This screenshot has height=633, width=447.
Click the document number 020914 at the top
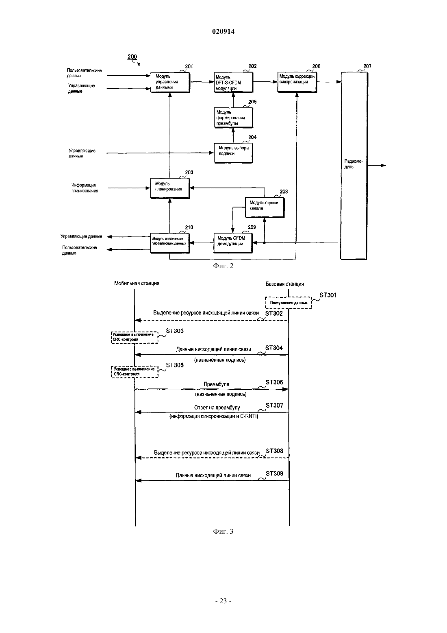point(223,31)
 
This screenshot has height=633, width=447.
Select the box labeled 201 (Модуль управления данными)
point(170,82)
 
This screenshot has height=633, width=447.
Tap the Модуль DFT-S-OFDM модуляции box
point(233,82)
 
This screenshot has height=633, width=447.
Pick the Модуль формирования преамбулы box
point(233,118)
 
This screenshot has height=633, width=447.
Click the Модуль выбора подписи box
point(233,153)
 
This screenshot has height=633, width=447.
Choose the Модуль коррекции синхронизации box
point(297,82)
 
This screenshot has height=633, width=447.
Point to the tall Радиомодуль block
point(354,166)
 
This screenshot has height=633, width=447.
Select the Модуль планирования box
point(170,188)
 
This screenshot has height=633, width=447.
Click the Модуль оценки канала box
point(265,207)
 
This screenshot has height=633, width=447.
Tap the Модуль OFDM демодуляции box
point(233,243)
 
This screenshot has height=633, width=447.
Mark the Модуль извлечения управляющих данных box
point(170,243)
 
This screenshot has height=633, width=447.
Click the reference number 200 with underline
point(132,57)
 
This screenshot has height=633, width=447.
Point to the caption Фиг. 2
point(223,266)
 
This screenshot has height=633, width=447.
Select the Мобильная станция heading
point(137,283)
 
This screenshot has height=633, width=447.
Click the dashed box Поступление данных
point(289,303)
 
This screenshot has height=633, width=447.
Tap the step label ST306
point(274,382)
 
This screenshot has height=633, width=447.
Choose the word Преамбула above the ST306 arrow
point(217,384)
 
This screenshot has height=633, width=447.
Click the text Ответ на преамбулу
point(217,408)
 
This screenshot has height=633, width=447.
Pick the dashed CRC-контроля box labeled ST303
point(135,337)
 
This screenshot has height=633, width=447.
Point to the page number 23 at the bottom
point(223,601)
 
